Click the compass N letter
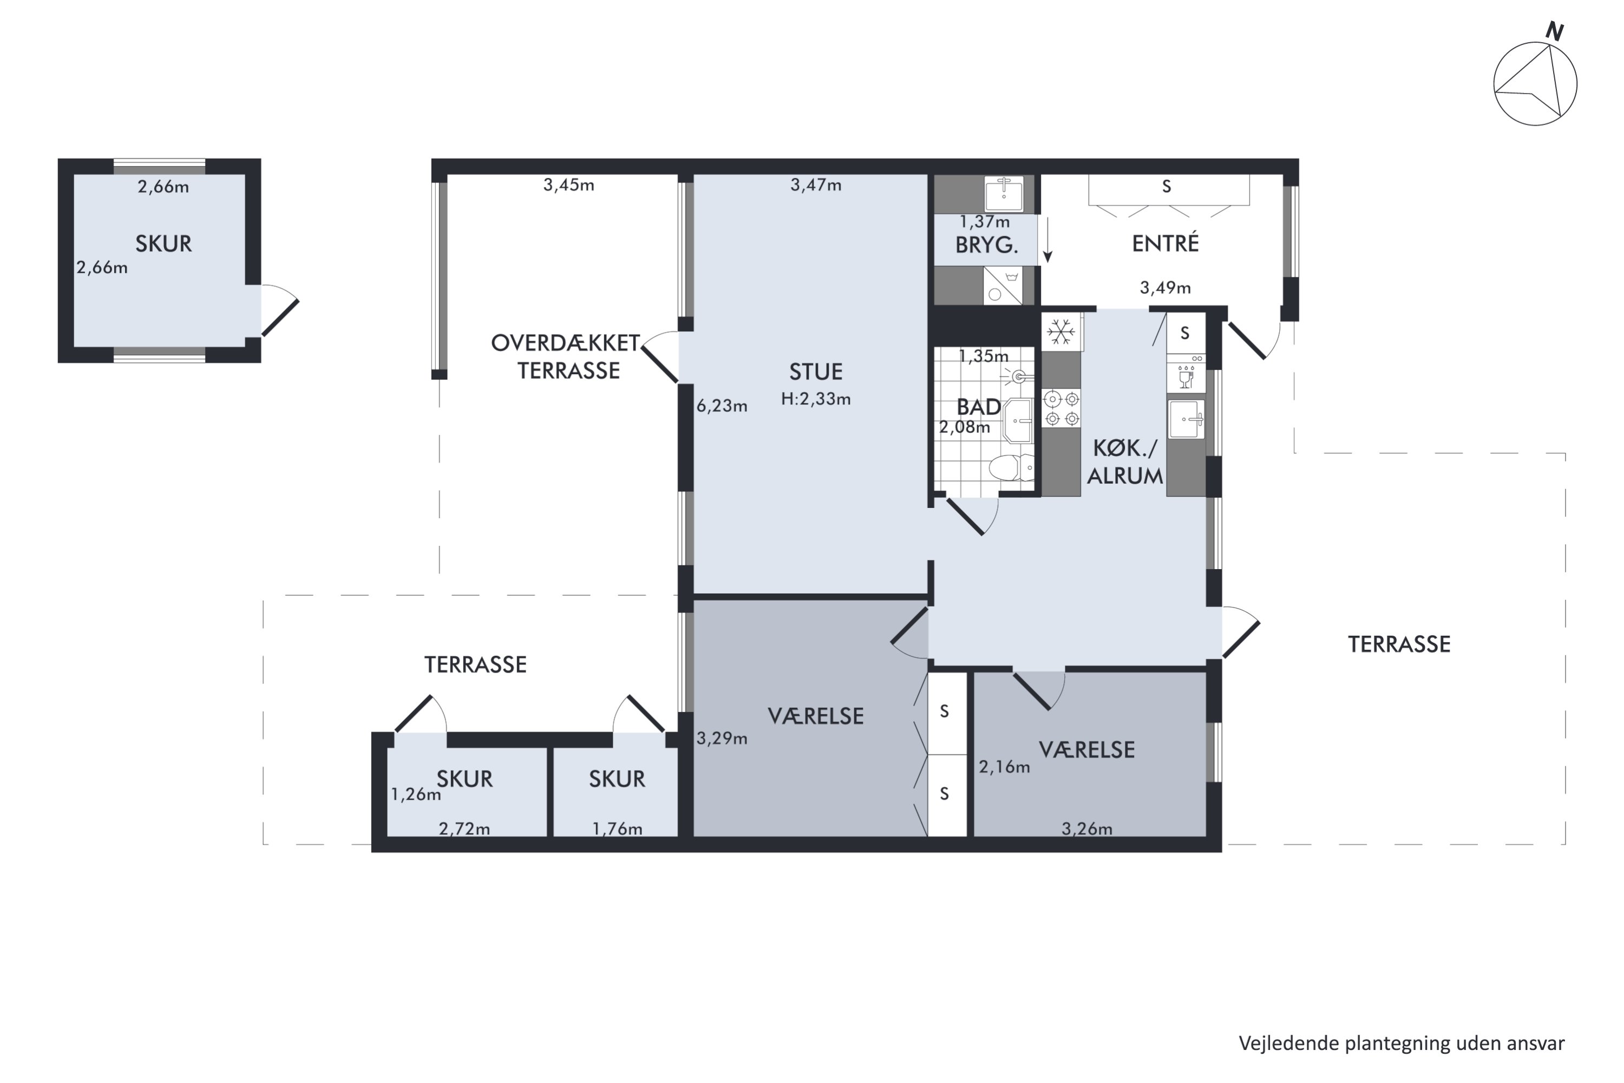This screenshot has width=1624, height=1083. click(x=1554, y=31)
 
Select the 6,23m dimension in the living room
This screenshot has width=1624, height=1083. click(x=722, y=406)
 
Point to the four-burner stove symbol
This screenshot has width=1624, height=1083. click(x=1060, y=409)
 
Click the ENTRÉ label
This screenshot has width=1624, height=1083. click(x=1165, y=244)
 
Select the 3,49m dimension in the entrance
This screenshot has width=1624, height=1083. click(x=1165, y=288)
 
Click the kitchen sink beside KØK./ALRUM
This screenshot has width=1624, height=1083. click(x=1186, y=419)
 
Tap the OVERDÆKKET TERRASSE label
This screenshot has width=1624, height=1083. click(x=566, y=357)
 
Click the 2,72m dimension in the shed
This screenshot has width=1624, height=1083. click(x=464, y=829)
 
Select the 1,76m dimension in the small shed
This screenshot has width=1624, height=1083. click(x=617, y=829)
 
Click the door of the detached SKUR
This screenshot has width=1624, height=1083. click(x=280, y=318)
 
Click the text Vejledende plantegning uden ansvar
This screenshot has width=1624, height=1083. click(x=1401, y=1043)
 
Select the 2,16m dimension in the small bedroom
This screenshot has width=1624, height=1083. click(x=1004, y=767)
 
